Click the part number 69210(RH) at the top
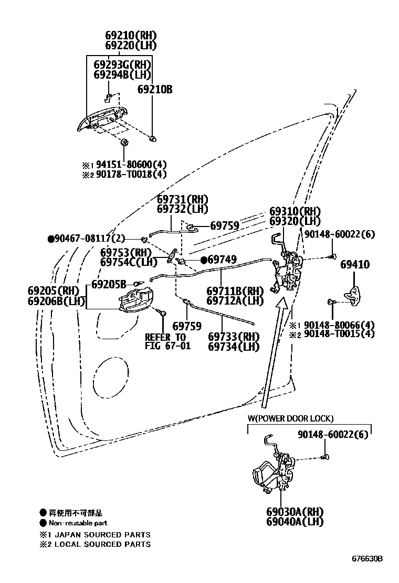pos(131,36)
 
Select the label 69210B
pos(155,90)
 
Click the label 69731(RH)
pos(183,199)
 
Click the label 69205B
pos(109,284)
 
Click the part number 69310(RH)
pos(295,211)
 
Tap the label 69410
pos(354,265)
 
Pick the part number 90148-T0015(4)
pos(341,333)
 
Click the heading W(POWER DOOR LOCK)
pos(290,418)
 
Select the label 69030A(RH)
pos(294,512)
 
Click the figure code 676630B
pos(367,558)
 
